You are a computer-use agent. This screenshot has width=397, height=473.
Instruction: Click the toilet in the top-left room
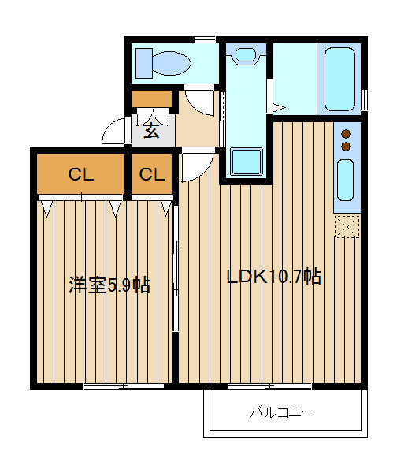click(x=163, y=63)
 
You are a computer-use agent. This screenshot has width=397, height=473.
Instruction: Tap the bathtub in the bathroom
click(x=339, y=79)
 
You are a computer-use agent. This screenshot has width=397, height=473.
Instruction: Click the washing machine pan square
click(x=246, y=162)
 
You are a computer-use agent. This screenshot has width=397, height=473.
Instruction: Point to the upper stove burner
click(x=346, y=133)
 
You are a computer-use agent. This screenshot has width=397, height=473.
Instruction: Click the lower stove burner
click(x=346, y=147)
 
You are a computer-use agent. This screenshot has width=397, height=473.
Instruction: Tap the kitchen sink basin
click(x=345, y=180)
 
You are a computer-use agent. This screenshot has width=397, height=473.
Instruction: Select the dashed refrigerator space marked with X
click(x=347, y=226)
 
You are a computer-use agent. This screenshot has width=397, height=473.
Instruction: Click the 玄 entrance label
click(x=151, y=131)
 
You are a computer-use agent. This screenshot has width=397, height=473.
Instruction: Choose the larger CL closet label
click(x=81, y=174)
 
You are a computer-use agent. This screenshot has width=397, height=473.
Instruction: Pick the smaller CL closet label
click(x=152, y=174)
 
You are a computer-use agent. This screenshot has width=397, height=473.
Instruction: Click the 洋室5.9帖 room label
click(x=109, y=285)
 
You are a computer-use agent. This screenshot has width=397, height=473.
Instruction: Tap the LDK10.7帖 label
click(x=273, y=276)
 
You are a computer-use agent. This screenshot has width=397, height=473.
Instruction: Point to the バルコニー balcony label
click(x=283, y=412)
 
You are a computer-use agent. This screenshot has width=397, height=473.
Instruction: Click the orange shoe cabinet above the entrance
click(x=151, y=99)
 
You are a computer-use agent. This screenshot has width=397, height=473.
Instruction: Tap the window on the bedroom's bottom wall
click(x=124, y=387)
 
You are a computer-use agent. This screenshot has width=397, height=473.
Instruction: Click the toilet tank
click(x=144, y=63)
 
